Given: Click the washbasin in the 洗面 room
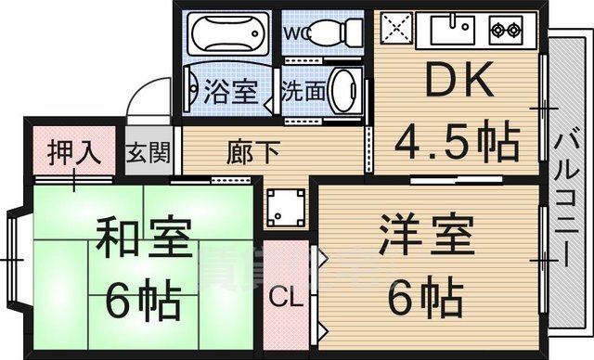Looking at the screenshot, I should pos(343,90).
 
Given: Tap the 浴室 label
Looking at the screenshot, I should pos(227,92).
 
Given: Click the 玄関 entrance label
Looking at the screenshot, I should pos(148,153).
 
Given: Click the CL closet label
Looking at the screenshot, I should pos(285,299).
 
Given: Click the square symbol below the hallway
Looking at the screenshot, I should pos(284,209).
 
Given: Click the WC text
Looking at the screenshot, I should pos(296,33).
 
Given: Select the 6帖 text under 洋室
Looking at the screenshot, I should pos(425,297).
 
